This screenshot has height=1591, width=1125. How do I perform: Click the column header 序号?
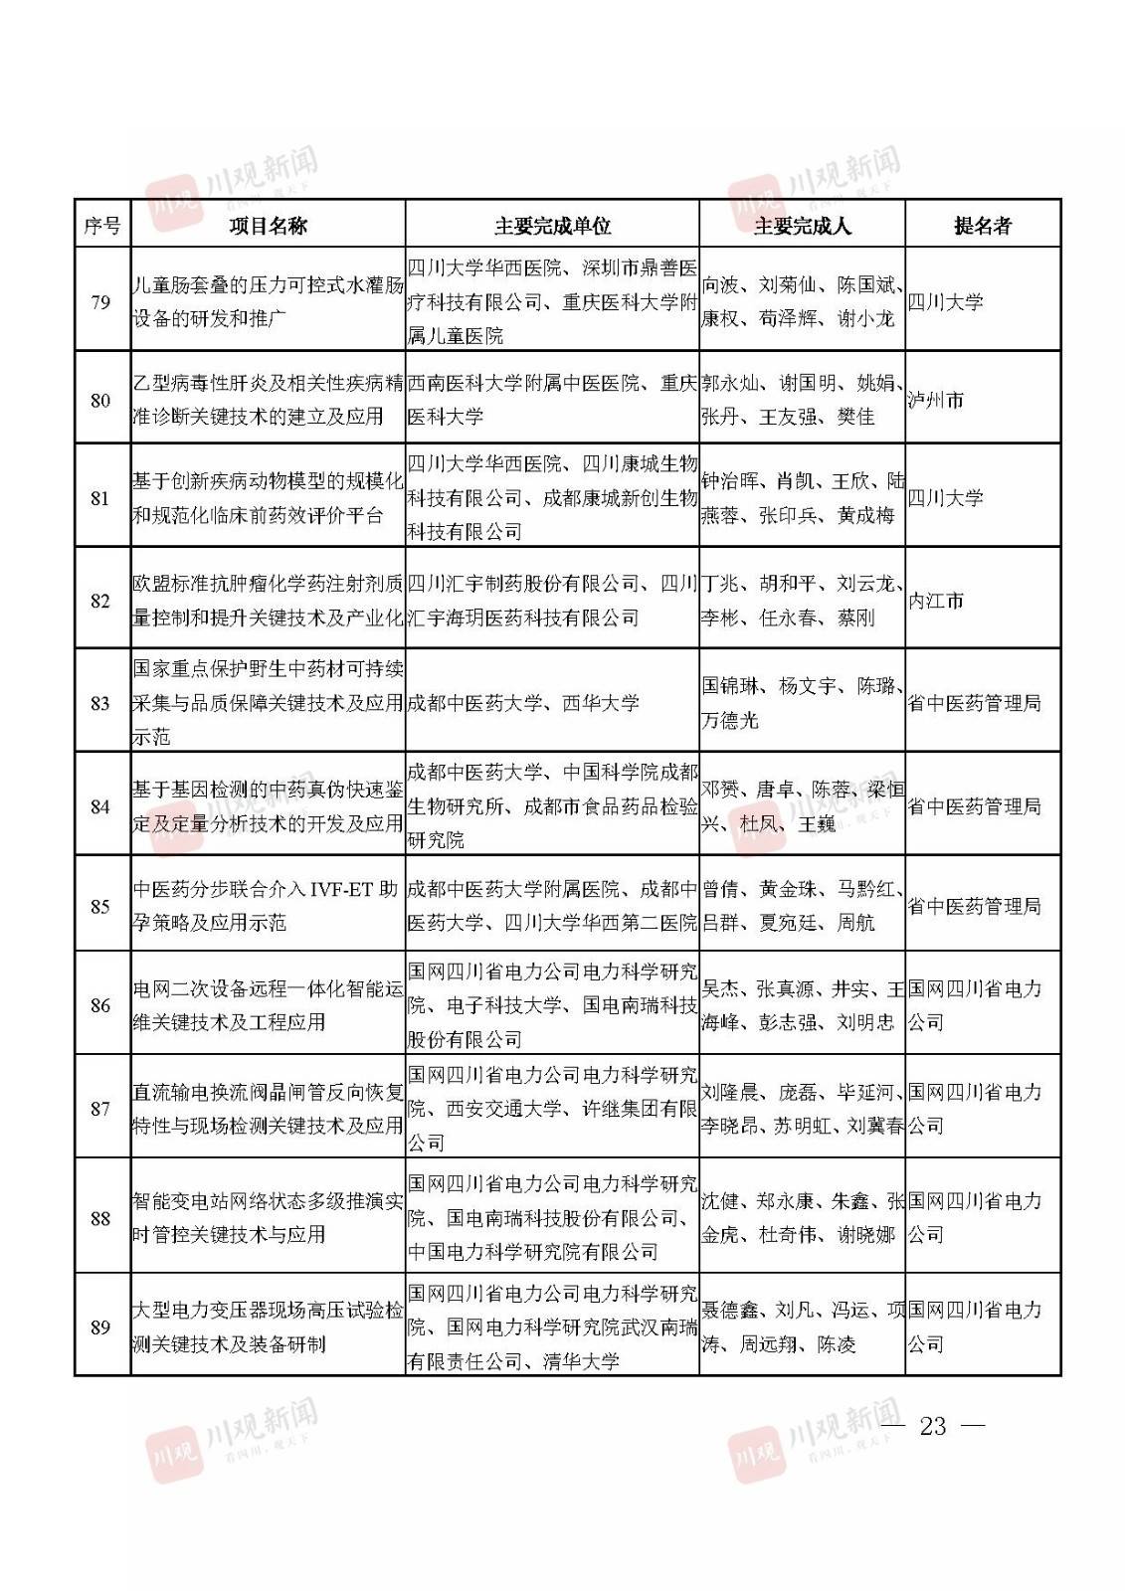point(101,226)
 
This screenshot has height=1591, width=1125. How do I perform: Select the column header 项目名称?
point(268,226)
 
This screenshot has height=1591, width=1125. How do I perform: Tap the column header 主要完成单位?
point(552,226)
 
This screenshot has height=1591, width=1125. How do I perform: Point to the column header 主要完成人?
point(802,226)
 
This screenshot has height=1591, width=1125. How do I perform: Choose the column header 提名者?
point(982,226)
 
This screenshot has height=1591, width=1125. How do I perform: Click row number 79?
point(100,302)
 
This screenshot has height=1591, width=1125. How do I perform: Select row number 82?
point(100,601)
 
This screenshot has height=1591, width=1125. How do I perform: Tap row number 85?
point(100,906)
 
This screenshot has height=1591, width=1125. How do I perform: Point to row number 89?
point(100,1327)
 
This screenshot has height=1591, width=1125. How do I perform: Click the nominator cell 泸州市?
point(936,401)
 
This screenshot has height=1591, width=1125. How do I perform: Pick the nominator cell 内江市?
point(936,601)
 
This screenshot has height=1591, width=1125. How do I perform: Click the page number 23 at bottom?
point(933,1426)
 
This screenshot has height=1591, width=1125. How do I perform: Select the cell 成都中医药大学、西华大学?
point(523,703)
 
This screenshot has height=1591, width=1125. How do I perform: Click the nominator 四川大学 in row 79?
point(945,302)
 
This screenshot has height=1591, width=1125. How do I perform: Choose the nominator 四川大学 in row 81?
point(945,498)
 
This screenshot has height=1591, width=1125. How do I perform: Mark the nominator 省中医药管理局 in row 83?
point(974,703)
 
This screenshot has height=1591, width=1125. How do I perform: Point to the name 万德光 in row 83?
point(730,720)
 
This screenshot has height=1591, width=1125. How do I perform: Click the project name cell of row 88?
point(268,1218)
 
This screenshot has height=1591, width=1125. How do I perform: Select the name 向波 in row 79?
point(720,285)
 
